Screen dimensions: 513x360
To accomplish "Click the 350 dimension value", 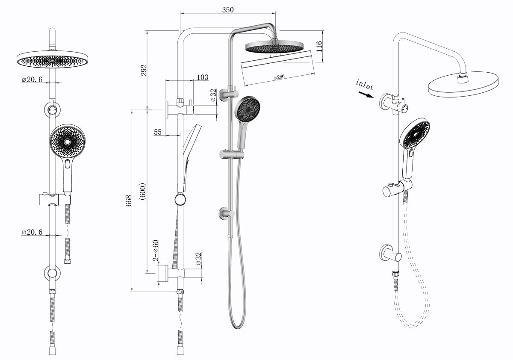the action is [228, 10].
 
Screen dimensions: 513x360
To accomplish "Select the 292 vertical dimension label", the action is [143, 70].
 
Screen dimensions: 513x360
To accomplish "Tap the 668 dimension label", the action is [129, 201].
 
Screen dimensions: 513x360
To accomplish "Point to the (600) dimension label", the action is [142, 191].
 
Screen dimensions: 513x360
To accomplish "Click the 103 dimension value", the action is [203, 77].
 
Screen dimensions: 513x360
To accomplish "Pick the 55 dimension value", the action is [158, 132].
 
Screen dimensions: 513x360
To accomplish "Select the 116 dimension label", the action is [319, 46].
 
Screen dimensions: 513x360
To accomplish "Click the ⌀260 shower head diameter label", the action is [279, 77].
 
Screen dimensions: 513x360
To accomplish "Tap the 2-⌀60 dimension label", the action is [156, 250].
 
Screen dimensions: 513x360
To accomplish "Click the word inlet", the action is [364, 85].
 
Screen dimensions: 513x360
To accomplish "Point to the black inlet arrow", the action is [366, 94].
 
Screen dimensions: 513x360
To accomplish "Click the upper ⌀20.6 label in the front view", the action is [32, 80].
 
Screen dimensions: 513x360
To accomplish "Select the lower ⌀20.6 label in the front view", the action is [32, 232].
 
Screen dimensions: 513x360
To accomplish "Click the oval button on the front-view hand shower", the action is [68, 164].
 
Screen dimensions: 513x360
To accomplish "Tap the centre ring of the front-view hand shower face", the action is [68, 142].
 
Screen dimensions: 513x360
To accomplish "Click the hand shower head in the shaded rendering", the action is [248, 109].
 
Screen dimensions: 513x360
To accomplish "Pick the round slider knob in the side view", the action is [180, 200].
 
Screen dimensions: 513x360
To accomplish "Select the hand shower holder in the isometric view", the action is [397, 188].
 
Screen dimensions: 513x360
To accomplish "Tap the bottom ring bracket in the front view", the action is [52, 273].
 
